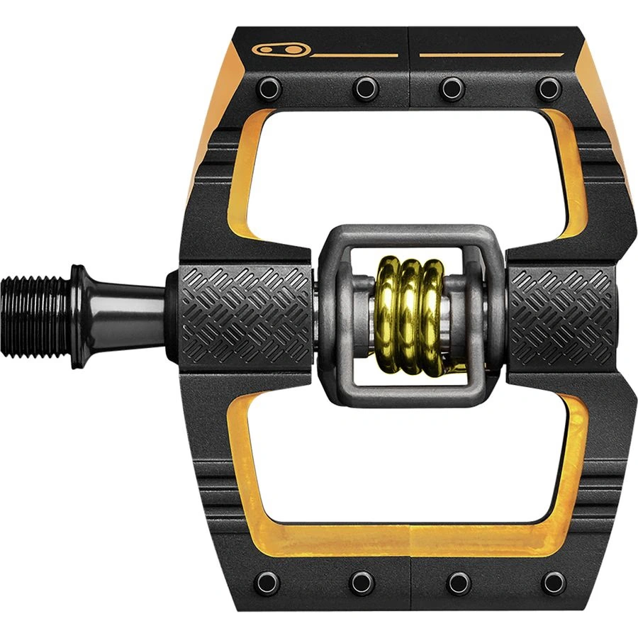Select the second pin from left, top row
click(364, 88)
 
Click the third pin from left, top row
click(452, 88)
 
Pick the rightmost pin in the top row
click(549, 88)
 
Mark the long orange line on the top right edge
click(492, 54)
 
